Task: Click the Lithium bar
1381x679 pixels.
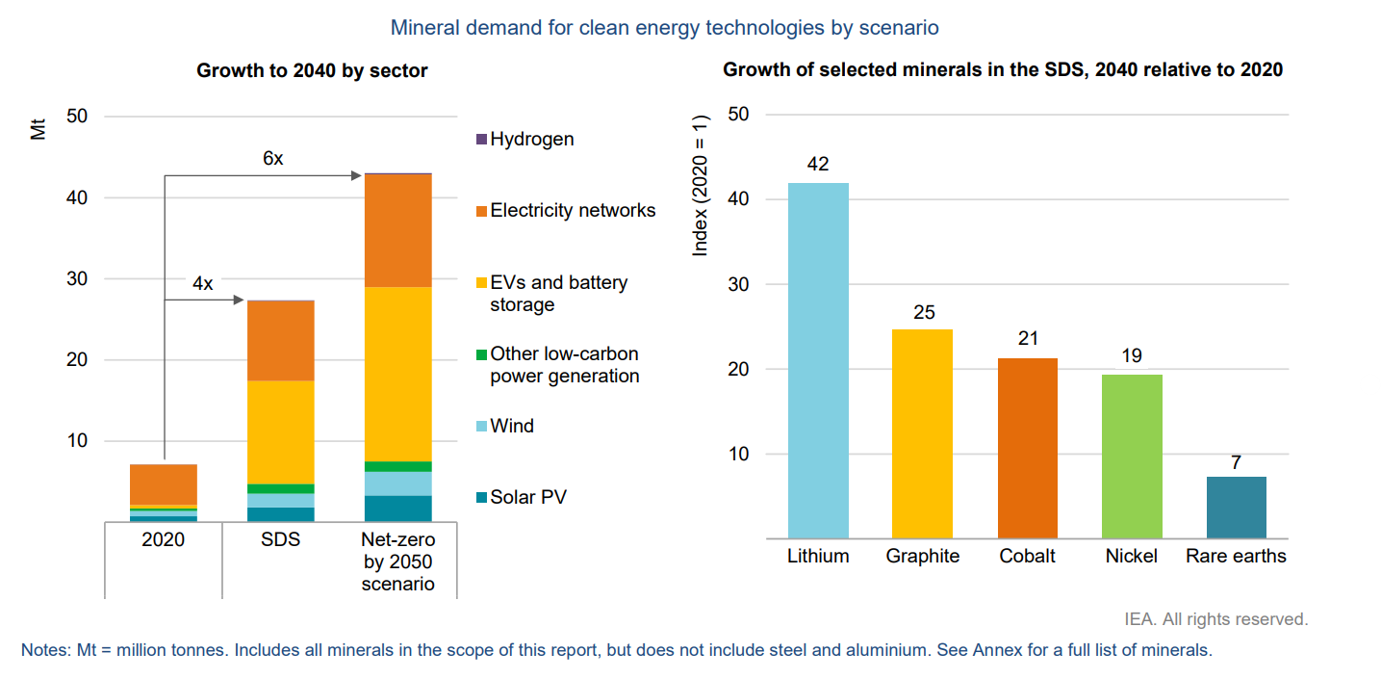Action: [x=818, y=360]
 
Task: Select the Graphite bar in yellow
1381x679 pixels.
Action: [x=922, y=433]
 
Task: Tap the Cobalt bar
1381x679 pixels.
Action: [x=1027, y=448]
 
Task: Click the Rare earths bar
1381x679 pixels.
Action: [x=1236, y=507]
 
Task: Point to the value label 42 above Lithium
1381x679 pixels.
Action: [x=818, y=165]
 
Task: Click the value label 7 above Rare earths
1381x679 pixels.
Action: [x=1236, y=462]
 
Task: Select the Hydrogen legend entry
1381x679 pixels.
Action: [x=531, y=139]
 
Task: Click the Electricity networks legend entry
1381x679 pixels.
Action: [x=572, y=210]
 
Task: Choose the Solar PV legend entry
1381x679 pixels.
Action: [x=527, y=497]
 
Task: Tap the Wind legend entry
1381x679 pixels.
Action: [x=511, y=426]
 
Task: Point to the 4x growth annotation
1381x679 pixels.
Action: [x=202, y=284]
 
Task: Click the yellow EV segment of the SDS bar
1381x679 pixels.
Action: [x=281, y=431]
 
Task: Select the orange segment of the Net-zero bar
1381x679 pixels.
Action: [x=397, y=230]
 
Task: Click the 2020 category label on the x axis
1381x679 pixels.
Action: [x=163, y=539]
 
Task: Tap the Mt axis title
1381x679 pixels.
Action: [x=38, y=128]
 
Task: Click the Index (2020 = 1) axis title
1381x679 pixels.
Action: [x=701, y=185]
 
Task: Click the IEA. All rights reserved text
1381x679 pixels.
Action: [x=1215, y=618]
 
